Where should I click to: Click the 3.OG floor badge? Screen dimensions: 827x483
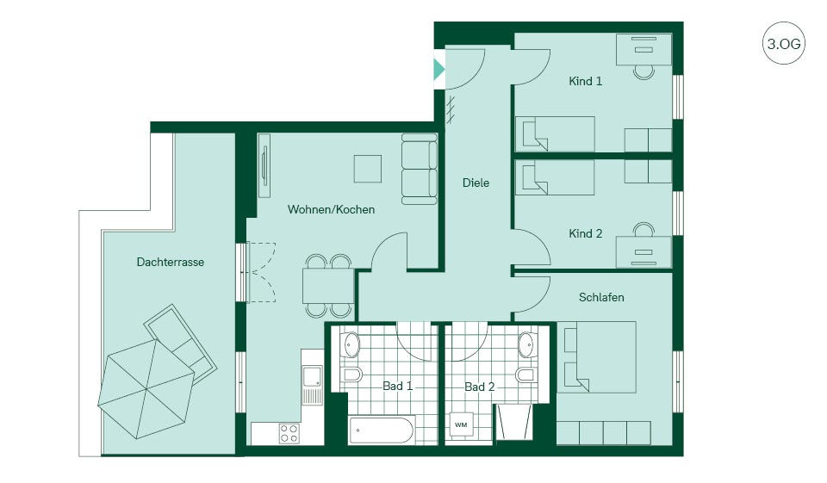(x=784, y=43)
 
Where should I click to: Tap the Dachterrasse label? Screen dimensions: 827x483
(x=171, y=262)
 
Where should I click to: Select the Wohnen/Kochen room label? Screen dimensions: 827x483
(x=331, y=209)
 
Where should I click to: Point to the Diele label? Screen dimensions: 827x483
(x=476, y=183)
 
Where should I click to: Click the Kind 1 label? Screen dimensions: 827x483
(x=586, y=81)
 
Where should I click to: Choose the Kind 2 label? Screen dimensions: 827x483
(x=586, y=233)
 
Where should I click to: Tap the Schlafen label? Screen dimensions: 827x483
(x=601, y=297)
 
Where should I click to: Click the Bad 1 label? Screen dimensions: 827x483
(x=398, y=386)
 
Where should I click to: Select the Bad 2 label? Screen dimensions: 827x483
(x=480, y=387)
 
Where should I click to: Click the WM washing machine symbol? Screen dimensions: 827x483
(x=461, y=424)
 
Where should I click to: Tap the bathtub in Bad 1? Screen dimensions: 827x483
(x=382, y=430)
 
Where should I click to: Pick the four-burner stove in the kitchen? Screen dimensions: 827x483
(x=289, y=433)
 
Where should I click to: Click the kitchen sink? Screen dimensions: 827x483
(x=312, y=384)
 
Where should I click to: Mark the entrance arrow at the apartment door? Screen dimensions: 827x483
(x=438, y=69)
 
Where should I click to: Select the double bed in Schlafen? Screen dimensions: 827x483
(x=597, y=357)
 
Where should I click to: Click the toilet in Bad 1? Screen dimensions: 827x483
(x=351, y=375)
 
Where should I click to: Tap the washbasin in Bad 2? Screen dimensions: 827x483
(x=525, y=345)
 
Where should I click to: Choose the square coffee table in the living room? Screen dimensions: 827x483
(x=368, y=169)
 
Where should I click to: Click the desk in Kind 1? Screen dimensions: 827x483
(x=644, y=49)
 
